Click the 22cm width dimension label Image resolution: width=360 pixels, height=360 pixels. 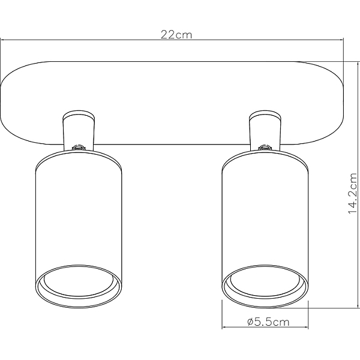[x=176, y=35]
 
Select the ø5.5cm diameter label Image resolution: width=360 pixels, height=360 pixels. [x=268, y=322]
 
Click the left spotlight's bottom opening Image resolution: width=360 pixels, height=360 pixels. [x=79, y=286]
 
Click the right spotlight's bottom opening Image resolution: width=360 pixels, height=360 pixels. [x=265, y=286]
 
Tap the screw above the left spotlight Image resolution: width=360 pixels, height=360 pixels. [x=78, y=147]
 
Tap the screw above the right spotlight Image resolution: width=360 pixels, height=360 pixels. [x=265, y=147]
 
